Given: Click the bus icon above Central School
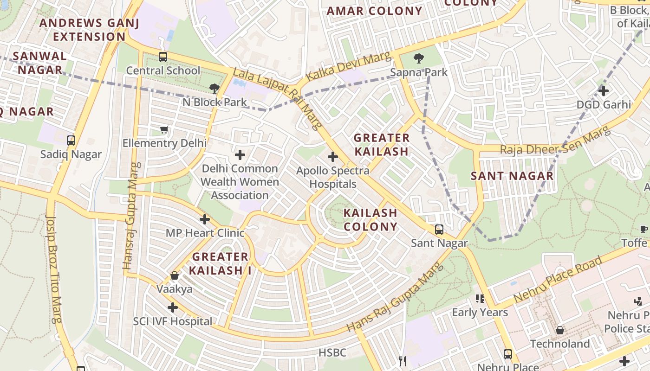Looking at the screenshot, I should point(162,57).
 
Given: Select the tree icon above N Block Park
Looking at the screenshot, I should point(214,88).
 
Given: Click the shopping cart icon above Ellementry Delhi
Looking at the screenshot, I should point(164,130).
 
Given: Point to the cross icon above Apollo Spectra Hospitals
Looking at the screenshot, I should point(332,157).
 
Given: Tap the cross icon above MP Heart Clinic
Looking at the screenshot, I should point(205,219).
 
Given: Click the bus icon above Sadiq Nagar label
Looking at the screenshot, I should point(71,140).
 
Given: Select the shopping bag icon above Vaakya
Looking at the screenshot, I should point(175,276).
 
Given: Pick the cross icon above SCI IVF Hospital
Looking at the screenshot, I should point(173,307).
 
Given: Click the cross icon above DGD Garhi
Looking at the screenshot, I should point(603,91).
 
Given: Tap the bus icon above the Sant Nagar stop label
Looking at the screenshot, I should point(439,229).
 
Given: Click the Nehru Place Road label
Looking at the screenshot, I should point(558,280).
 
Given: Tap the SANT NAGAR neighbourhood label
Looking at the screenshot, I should point(512,176).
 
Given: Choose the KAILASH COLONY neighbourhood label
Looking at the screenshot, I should point(370,220).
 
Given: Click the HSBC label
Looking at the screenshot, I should point(332,353).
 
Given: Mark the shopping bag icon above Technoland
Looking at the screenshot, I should point(560,330).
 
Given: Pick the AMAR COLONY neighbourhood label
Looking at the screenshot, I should point(375,11).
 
